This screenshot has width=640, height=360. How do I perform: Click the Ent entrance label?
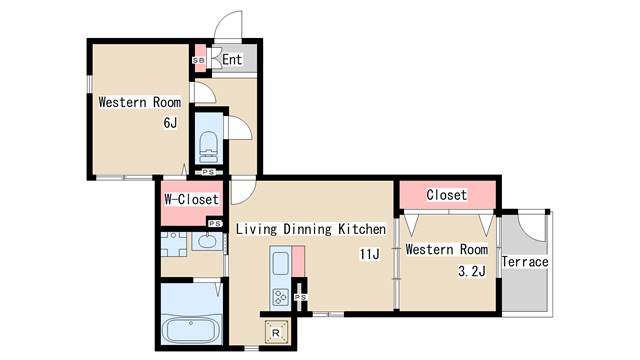[x=232, y=60]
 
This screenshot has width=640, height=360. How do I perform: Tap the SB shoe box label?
[x=199, y=60]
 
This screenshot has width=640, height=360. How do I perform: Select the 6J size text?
[x=170, y=122]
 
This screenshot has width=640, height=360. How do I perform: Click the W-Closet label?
[x=191, y=199]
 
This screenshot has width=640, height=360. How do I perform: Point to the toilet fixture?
[x=208, y=147]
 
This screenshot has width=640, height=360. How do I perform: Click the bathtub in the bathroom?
[x=191, y=330]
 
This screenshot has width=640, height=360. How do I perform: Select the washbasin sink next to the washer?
[x=207, y=241]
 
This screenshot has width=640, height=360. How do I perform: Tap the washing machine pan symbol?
[x=173, y=244]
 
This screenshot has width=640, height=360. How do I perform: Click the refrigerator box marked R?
[x=276, y=332]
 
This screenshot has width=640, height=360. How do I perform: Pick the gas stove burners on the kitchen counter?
[x=280, y=297]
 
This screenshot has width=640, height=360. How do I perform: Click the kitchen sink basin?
[x=280, y=263]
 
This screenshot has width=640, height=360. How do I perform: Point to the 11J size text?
[x=369, y=254]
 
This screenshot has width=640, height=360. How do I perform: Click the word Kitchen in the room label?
[x=362, y=229]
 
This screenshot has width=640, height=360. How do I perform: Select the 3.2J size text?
[x=472, y=271]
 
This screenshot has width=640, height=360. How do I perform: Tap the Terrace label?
[x=525, y=262]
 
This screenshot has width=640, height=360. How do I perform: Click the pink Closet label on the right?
[x=447, y=195]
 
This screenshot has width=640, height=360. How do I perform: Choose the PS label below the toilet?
[x=208, y=172]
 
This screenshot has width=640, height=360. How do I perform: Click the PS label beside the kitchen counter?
[x=300, y=297]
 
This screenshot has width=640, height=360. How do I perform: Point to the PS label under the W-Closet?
[x=215, y=224]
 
